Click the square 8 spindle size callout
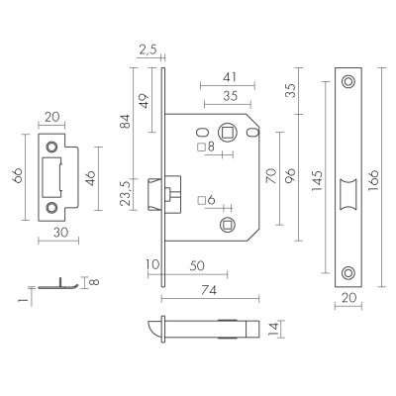pyautogui.click(x=206, y=148)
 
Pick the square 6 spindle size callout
pyautogui.click(x=206, y=201)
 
